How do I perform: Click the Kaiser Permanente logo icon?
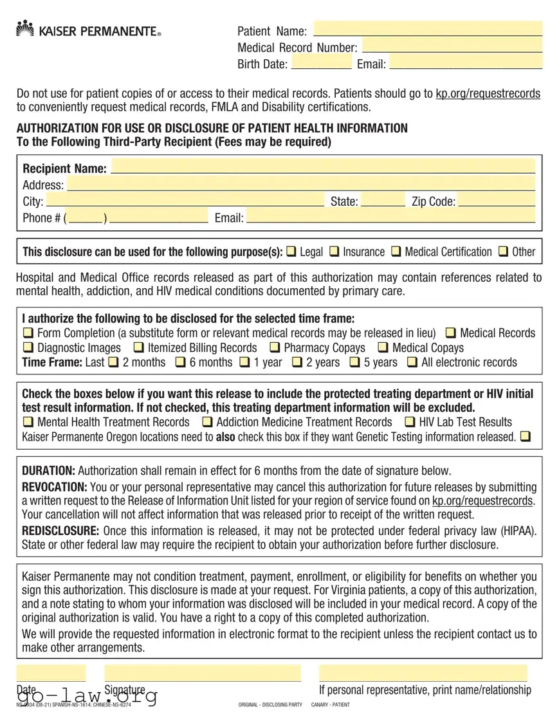[24, 28]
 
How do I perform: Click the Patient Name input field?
[427, 30]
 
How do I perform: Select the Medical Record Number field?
[452, 46]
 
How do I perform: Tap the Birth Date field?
[321, 62]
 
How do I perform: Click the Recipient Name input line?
[322, 167]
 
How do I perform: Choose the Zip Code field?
[496, 201]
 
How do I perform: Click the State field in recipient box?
[383, 201]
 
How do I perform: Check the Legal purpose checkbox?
[291, 252]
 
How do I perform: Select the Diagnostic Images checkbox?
[28, 348]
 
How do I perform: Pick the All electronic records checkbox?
[412, 362]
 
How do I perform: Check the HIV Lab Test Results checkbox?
[410, 423]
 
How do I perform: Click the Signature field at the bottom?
[203, 673]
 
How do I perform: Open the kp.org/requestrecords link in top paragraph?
[488, 94]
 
